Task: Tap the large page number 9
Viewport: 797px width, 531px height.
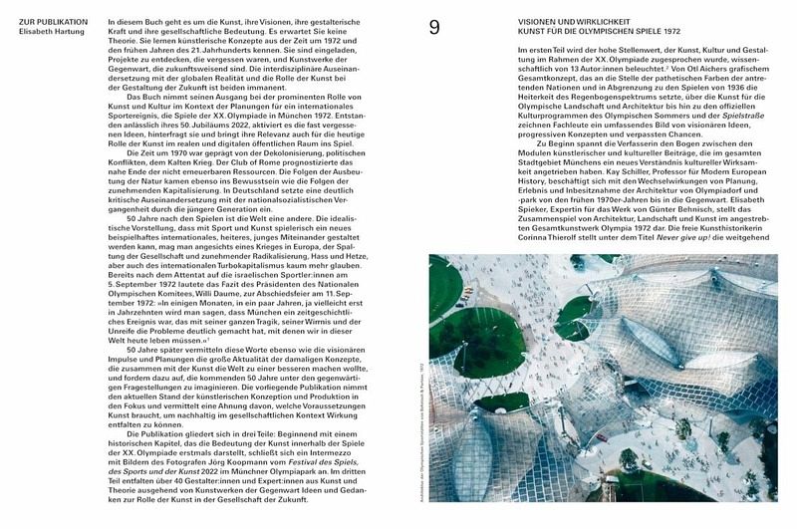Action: coord(434,28)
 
